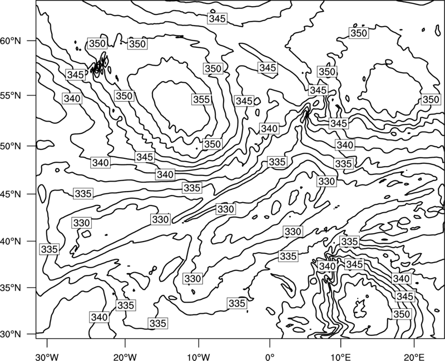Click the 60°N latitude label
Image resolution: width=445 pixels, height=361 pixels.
11,41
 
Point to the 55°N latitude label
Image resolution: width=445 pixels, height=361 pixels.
11,96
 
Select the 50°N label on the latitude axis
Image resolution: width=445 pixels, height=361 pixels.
11,146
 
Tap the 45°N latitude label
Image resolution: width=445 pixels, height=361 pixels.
11,194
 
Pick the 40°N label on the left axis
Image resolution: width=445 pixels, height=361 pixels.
11,242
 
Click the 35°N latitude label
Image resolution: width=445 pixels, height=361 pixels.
11,288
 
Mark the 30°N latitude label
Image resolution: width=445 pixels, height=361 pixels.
11,334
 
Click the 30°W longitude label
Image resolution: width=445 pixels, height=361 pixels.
47,357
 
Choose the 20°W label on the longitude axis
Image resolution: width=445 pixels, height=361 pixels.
125,357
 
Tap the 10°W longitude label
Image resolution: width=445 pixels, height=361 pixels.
199,357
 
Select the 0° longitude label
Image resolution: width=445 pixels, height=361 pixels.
270,357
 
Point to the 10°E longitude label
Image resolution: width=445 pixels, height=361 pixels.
340,357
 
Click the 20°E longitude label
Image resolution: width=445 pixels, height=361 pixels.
414,357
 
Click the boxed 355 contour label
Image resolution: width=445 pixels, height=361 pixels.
201,99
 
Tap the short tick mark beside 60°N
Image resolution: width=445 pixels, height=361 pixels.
32,41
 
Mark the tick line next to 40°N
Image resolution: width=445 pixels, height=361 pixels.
32,241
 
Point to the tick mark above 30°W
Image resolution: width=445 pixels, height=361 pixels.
47,343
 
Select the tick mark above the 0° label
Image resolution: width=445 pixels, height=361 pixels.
270,343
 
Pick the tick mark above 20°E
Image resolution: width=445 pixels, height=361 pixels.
414,343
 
